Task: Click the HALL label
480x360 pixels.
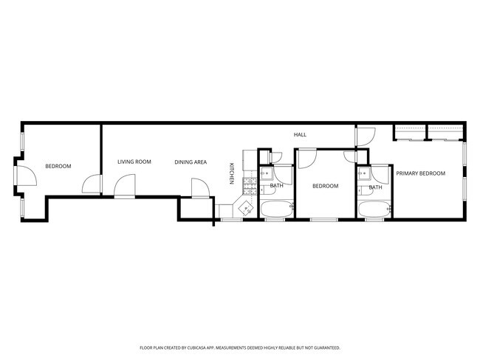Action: click(300, 134)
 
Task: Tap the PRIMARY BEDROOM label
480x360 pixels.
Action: click(420, 173)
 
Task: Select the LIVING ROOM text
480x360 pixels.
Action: click(134, 162)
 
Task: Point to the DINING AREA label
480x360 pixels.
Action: click(191, 162)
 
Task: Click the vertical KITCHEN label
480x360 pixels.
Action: click(232, 173)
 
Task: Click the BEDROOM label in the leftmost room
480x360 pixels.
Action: click(58, 167)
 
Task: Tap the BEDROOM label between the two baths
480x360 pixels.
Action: click(325, 186)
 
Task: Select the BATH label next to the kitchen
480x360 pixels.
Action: click(276, 186)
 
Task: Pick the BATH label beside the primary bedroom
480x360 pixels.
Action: click(375, 187)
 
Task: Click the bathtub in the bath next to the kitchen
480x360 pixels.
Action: click(276, 210)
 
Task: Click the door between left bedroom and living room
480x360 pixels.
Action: click(92, 184)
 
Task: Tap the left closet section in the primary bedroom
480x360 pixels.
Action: click(410, 132)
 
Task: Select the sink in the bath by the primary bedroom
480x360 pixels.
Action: click(363, 176)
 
